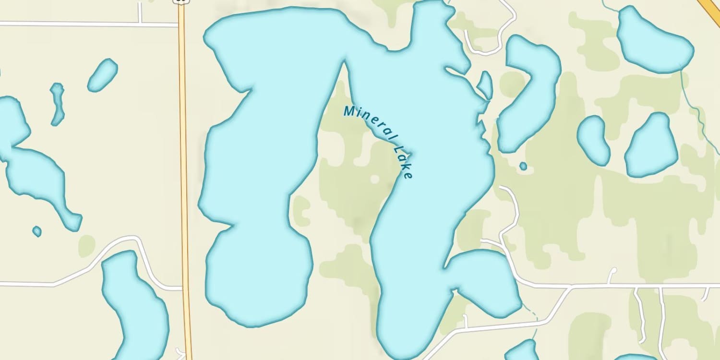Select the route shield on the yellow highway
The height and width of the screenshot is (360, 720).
pyautogui.click(x=181, y=1)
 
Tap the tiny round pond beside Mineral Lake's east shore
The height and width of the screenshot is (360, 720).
pyautogui.click(x=523, y=166)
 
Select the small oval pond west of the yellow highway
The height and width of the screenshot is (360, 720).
pyautogui.click(x=102, y=75)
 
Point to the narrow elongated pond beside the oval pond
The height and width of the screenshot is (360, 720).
pyautogui.click(x=58, y=103)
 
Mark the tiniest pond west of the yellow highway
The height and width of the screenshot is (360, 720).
pyautogui.click(x=37, y=231)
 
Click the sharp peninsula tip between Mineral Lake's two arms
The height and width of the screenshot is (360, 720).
pyautogui.click(x=344, y=62)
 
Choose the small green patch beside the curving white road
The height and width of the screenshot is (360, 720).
pyautogui.click(x=87, y=246)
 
